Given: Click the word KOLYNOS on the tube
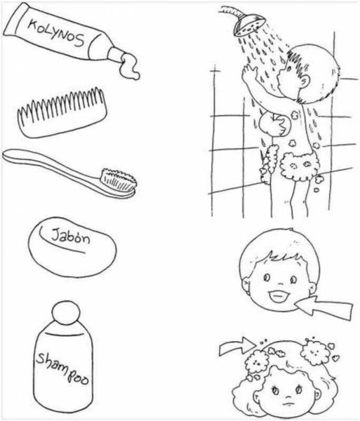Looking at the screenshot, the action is pyautogui.click(x=57, y=33).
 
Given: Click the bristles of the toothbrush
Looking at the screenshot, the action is pyautogui.click(x=119, y=179).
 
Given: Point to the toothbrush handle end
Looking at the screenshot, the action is pyautogui.click(x=8, y=156).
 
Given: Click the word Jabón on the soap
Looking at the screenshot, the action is pyautogui.click(x=71, y=237).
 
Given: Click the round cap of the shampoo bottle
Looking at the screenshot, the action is pyautogui.click(x=66, y=313).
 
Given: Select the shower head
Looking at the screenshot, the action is pyautogui.click(x=249, y=24).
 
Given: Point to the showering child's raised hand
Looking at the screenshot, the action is pyautogui.click(x=249, y=72).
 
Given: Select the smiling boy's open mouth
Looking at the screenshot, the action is pyautogui.click(x=279, y=296).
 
